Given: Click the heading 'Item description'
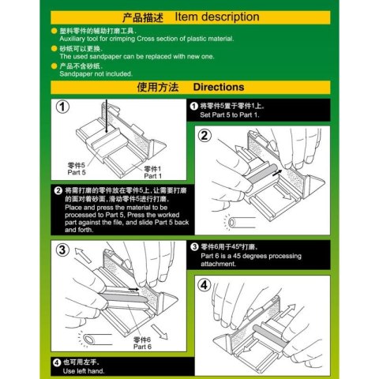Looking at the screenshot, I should click(217, 17).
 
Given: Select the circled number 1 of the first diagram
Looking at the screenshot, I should click(62, 107).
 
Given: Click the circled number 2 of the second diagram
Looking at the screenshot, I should click(205, 135).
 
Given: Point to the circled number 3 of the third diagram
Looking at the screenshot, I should click(62, 251).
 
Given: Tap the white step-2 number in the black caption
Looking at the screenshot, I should click(58, 191).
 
